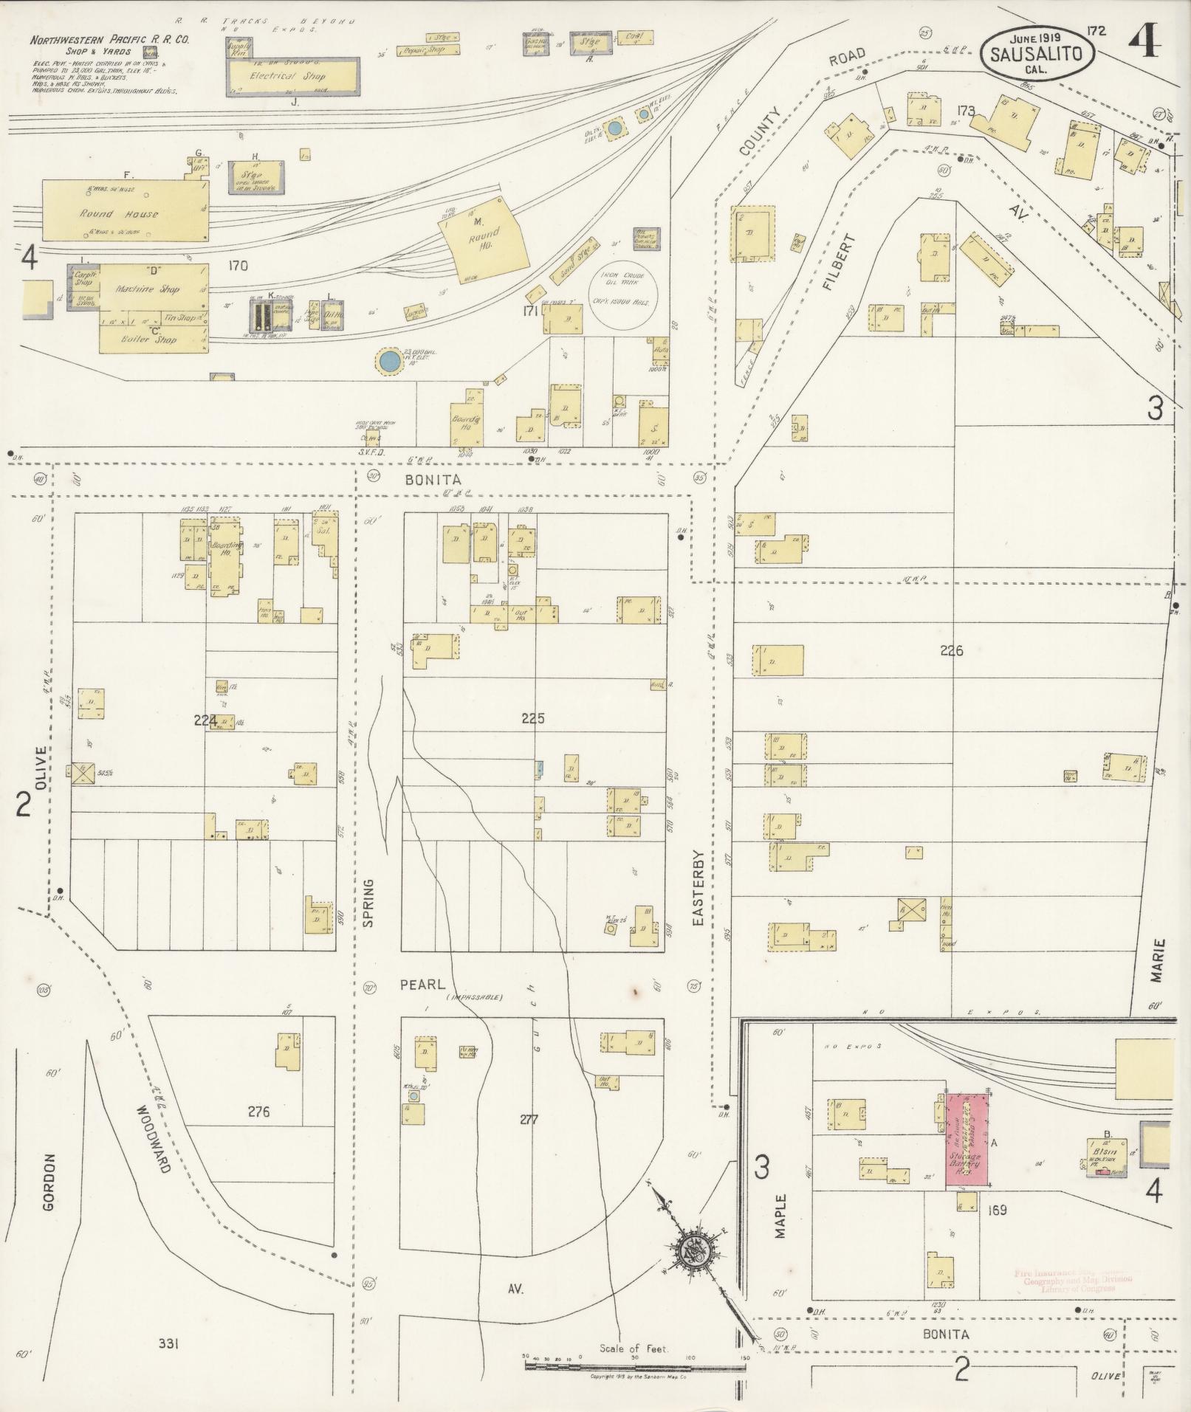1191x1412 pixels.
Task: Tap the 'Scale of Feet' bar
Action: point(635,1366)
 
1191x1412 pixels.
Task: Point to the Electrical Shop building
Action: point(292,76)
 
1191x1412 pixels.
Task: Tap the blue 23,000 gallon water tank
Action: point(388,362)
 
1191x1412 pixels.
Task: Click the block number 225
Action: point(532,717)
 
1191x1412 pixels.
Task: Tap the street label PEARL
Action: point(422,985)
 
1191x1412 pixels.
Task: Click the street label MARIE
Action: point(1156,960)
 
